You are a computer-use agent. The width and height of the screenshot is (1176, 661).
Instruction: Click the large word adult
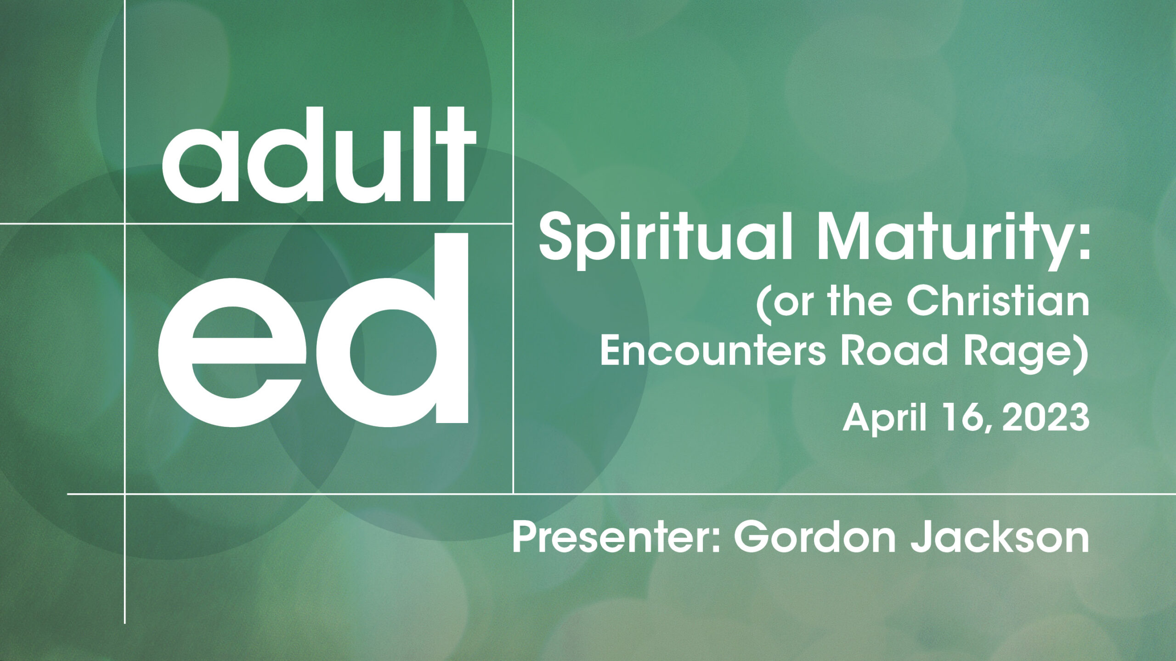coord(319,155)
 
